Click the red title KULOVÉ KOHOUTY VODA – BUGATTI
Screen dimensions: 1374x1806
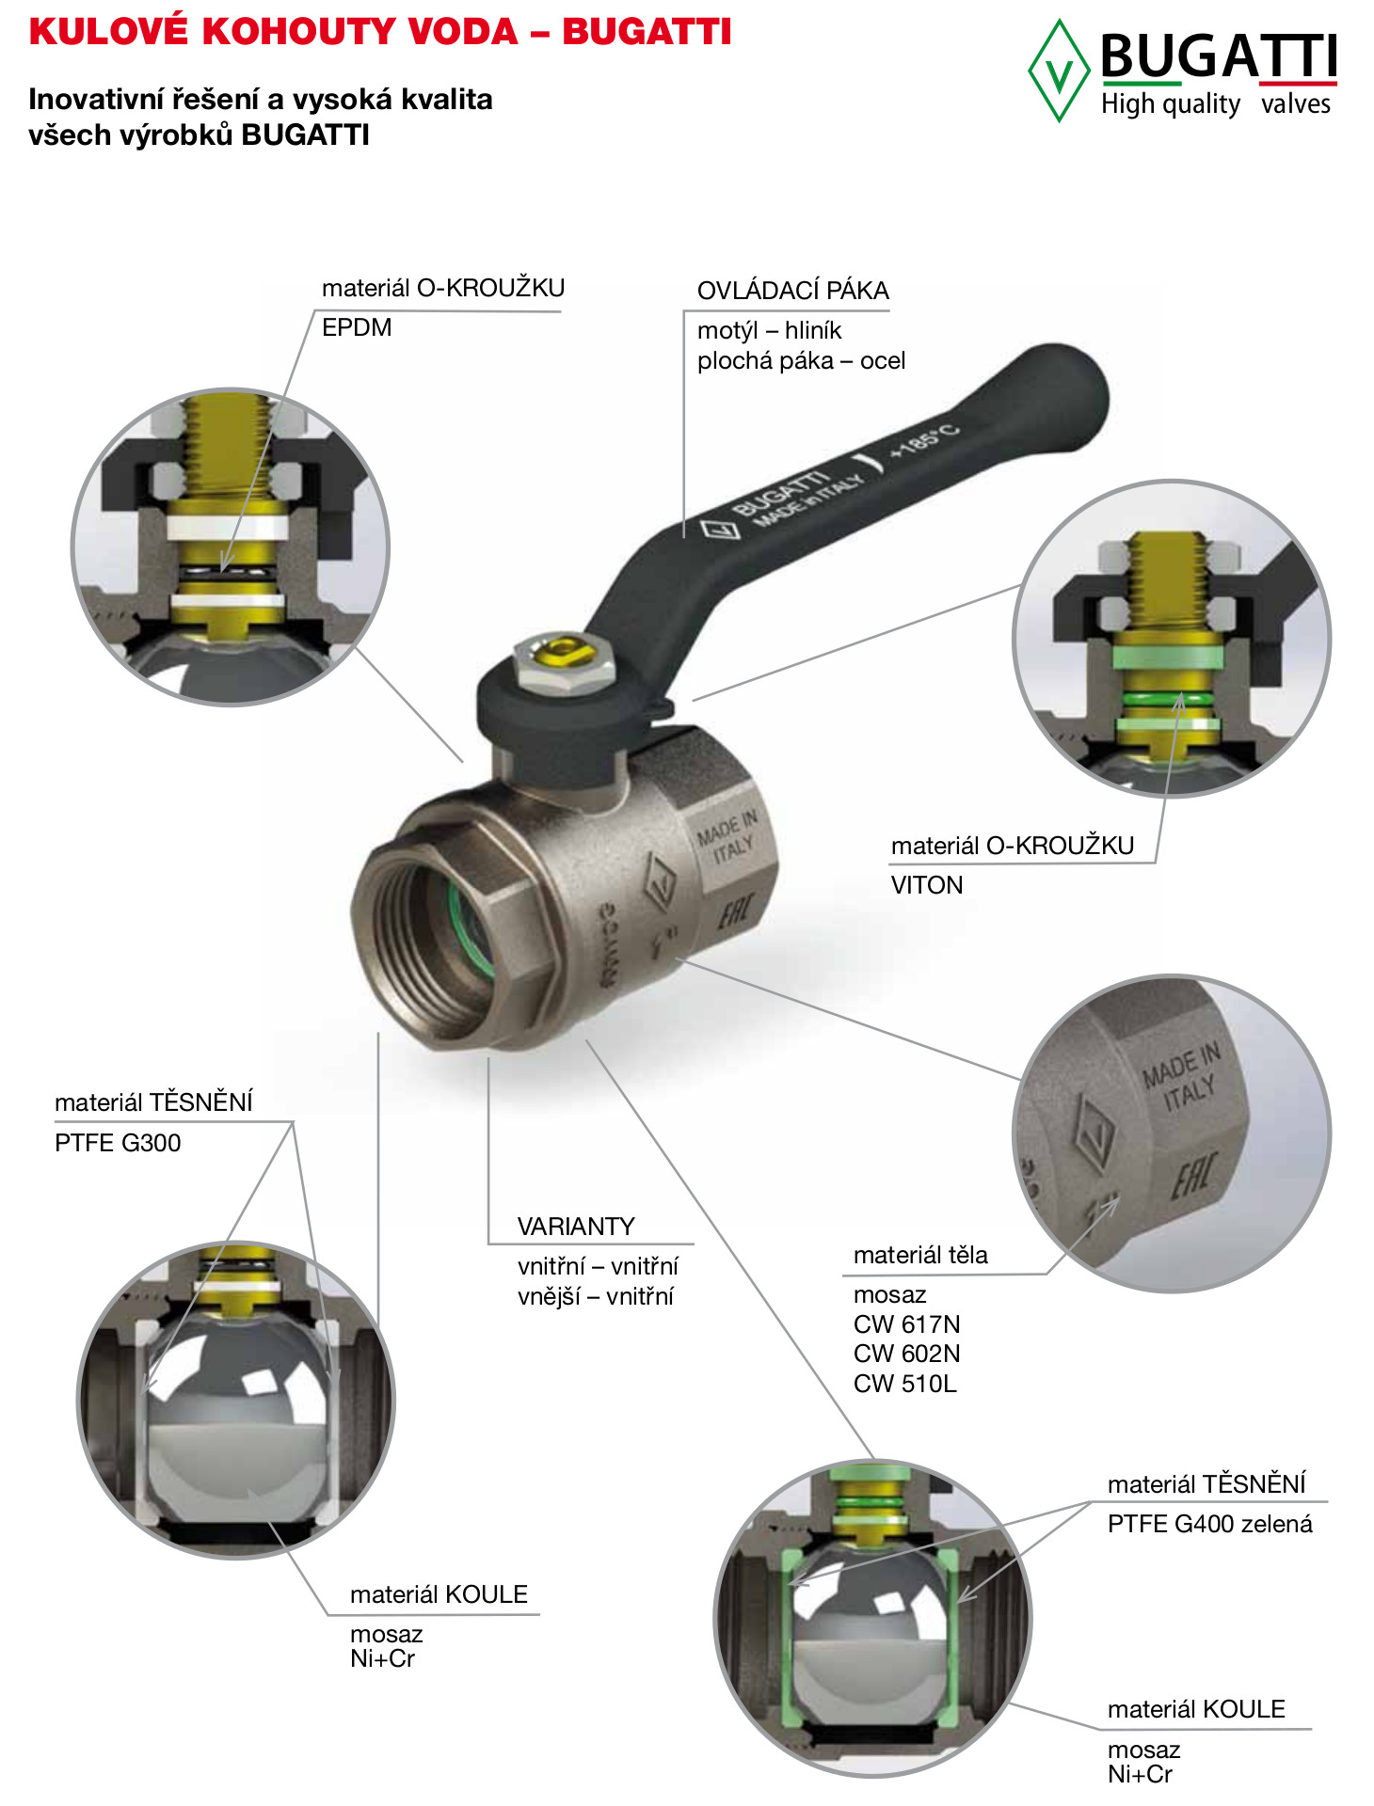(x=380, y=32)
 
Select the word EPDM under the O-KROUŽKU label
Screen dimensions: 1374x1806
(x=357, y=327)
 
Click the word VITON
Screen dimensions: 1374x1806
(x=927, y=885)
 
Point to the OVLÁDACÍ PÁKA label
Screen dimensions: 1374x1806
(x=793, y=291)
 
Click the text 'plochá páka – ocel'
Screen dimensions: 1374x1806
(x=801, y=361)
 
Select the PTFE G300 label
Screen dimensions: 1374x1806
(x=118, y=1143)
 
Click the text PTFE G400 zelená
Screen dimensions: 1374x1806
(x=1209, y=1524)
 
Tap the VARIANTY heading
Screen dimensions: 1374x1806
(x=576, y=1227)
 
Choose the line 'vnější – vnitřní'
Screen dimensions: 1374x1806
(x=596, y=1296)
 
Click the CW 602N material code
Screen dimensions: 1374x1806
(x=907, y=1354)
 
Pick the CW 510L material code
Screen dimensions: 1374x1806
(x=905, y=1384)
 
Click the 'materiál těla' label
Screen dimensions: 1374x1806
(x=920, y=1255)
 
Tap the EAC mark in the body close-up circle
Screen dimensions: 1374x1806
(x=1193, y=1176)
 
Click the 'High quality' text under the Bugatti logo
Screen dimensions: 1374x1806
(x=1171, y=103)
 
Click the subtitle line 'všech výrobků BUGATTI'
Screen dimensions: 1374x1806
(x=199, y=135)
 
